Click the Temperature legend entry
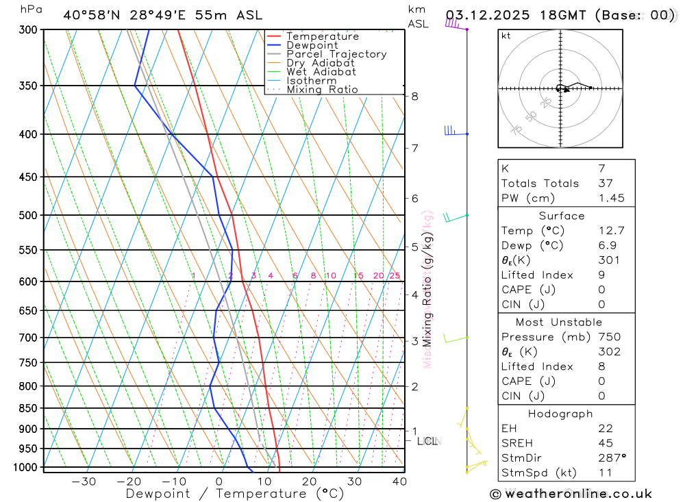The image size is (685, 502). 322,36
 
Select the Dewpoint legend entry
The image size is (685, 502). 312,45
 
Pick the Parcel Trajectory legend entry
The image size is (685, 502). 336,54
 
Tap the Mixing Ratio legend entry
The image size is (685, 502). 322,90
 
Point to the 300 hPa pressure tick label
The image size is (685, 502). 28,29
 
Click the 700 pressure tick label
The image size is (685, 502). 28,338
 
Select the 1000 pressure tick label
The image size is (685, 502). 25,467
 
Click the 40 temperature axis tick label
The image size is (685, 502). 399,481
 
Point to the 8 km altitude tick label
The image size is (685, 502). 415,97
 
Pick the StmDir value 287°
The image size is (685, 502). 612,458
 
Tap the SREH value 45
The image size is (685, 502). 605,443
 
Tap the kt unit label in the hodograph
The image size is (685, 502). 506,36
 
